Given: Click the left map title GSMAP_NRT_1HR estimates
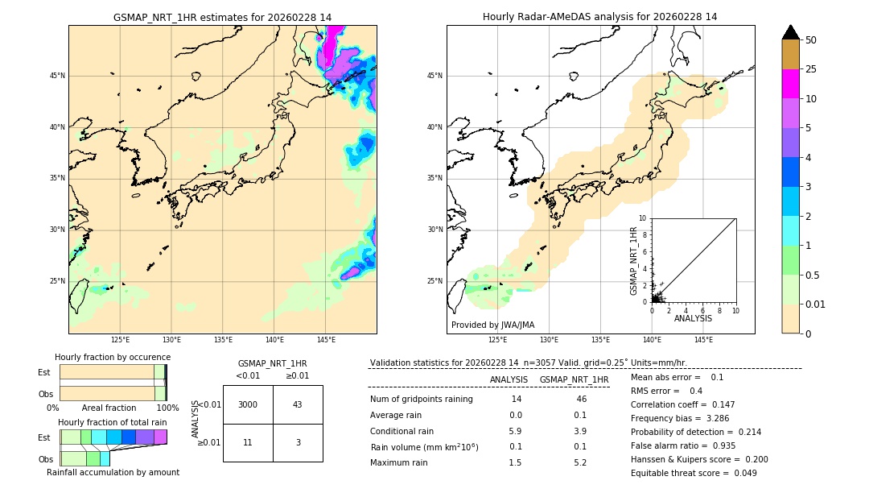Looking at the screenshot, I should click(222, 17).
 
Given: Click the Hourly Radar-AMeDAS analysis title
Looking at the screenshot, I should click(600, 17).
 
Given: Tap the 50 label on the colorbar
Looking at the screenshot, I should click(811, 40).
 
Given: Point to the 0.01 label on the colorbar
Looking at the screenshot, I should click(816, 304).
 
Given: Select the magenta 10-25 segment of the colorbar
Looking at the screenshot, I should click(790, 84).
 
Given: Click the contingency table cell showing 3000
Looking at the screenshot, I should click(248, 404).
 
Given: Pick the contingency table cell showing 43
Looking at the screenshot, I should click(298, 404).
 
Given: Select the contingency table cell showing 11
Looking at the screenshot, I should click(248, 442).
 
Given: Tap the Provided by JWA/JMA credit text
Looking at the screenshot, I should click(492, 325).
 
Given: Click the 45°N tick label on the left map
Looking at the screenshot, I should click(57, 76).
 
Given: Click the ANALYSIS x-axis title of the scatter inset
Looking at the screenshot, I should click(693, 318).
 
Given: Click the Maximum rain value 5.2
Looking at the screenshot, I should click(580, 462).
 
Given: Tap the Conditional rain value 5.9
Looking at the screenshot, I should click(515, 431).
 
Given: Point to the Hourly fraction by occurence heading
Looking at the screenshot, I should click(113, 357).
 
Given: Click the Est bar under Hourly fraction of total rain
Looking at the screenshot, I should click(113, 437).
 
